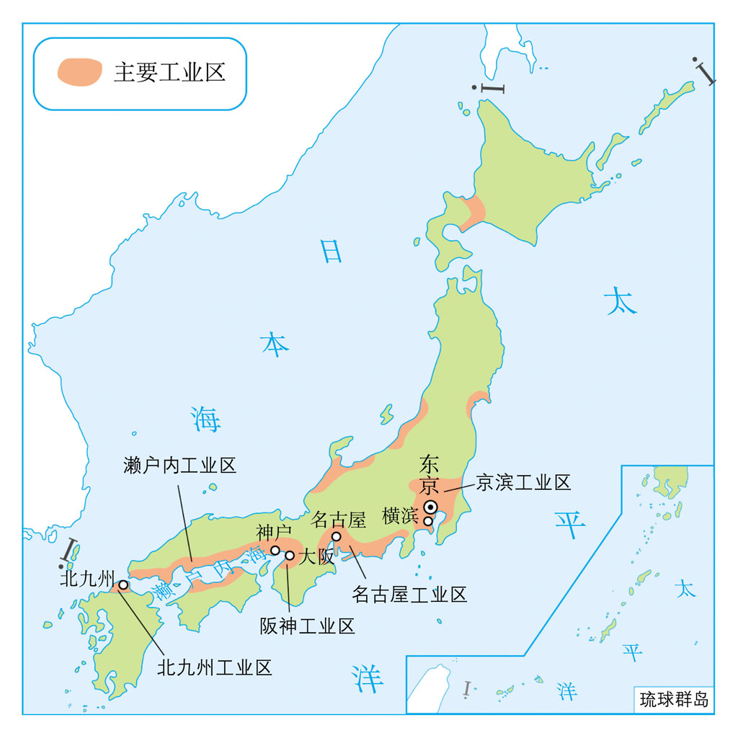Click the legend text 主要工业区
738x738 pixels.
tap(170, 73)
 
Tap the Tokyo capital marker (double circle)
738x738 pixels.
tap(430, 507)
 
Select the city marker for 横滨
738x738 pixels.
tap(428, 521)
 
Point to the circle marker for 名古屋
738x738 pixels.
tap(336, 537)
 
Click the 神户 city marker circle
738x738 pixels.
tap(275, 550)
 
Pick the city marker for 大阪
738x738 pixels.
tap(290, 556)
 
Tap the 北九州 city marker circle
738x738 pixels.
tap(123, 584)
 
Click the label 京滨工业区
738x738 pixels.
tap(523, 483)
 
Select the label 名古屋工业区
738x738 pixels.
tap(409, 595)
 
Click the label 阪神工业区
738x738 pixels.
tap(308, 626)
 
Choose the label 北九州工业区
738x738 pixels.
tap(215, 667)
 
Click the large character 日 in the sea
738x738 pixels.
tap(331, 251)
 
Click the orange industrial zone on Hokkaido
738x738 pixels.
tap(475, 211)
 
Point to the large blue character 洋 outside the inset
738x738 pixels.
tap(368, 677)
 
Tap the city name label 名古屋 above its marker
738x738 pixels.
tap(339, 519)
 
